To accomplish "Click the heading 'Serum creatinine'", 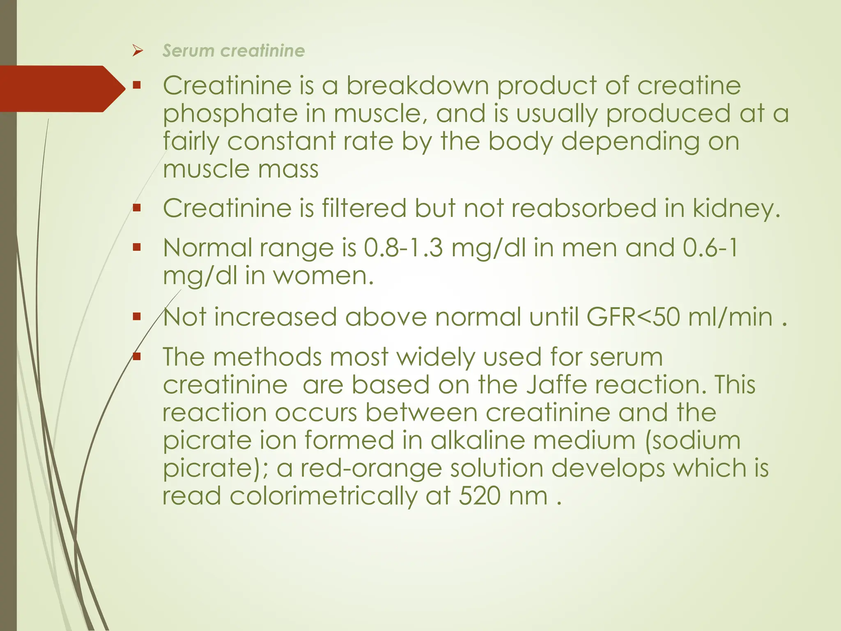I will coord(233,51).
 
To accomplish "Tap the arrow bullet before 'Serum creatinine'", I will coord(138,51).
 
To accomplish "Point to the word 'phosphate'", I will coord(230,113).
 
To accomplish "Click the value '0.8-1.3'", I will coord(404,248).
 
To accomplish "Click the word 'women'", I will coord(323,276).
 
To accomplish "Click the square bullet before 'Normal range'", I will coord(137,247).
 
